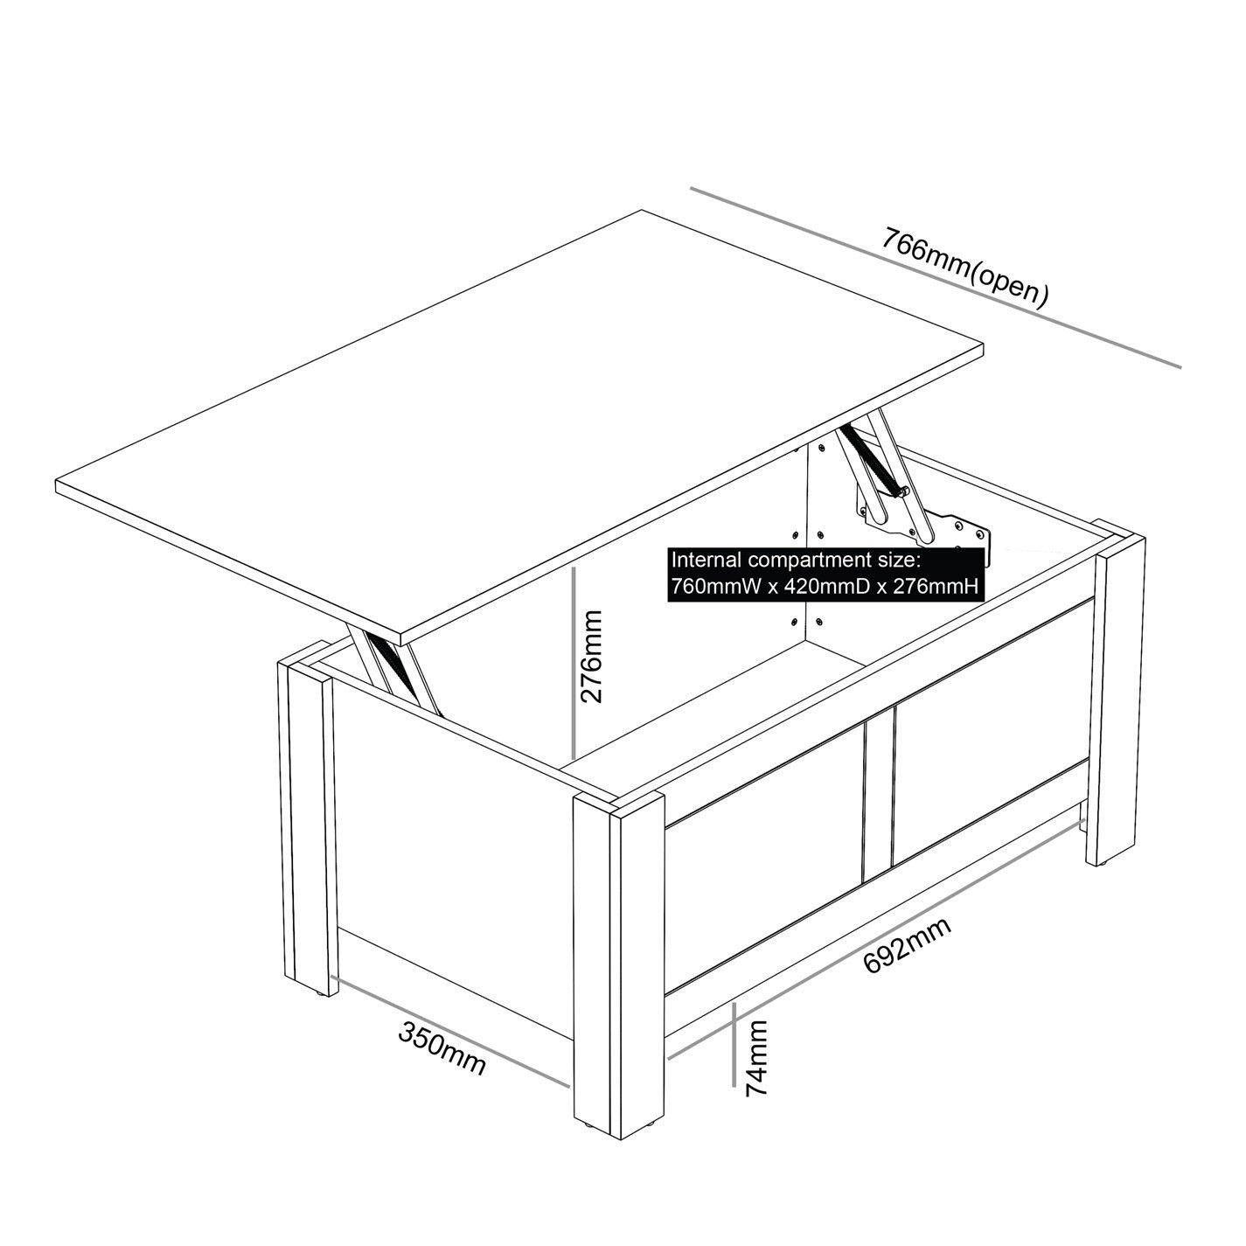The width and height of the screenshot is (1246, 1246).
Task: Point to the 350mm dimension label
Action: click(x=442, y=1047)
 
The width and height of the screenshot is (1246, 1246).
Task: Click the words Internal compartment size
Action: click(x=797, y=560)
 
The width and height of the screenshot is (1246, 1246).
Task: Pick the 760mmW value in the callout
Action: click(x=713, y=587)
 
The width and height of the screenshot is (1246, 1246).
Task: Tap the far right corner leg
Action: click(x=1119, y=700)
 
